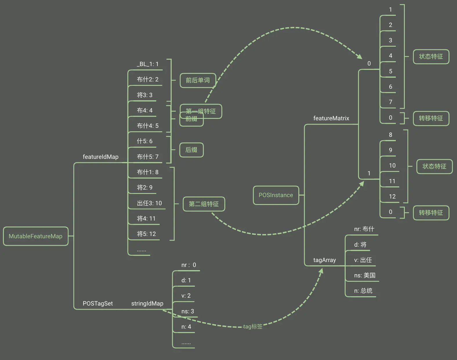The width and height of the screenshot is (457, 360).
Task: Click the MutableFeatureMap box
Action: pyautogui.click(x=36, y=236)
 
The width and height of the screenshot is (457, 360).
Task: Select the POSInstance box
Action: pyautogui.click(x=276, y=195)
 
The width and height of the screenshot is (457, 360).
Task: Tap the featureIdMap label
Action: pyautogui.click(x=101, y=157)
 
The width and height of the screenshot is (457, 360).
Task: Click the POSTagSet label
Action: pyautogui.click(x=98, y=303)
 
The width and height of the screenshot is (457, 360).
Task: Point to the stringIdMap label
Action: pyautogui.click(x=147, y=303)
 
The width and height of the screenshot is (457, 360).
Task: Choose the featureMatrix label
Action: pyautogui.click(x=331, y=118)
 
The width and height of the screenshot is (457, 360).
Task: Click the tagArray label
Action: pyautogui.click(x=324, y=260)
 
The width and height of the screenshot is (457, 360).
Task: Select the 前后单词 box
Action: pyautogui.click(x=198, y=80)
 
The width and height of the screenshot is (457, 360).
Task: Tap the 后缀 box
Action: pyautogui.click(x=191, y=150)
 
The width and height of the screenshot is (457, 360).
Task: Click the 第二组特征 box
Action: pyautogui.click(x=204, y=204)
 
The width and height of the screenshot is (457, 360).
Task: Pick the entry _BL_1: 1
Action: pyautogui.click(x=148, y=64)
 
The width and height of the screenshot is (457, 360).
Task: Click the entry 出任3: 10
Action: pyautogui.click(x=149, y=203)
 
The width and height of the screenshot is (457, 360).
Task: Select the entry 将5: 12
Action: pyautogui.click(x=146, y=234)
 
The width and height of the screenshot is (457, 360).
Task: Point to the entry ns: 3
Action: pyautogui.click(x=188, y=311)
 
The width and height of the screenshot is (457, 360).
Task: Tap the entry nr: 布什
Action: pyautogui.click(x=364, y=229)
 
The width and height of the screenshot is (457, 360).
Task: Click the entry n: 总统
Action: pyautogui.click(x=363, y=291)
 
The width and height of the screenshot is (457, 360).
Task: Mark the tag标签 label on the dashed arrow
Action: pyautogui.click(x=253, y=327)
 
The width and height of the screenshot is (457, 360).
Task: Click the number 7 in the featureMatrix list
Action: pyautogui.click(x=390, y=102)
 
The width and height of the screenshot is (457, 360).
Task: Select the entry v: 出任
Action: pyautogui.click(x=363, y=260)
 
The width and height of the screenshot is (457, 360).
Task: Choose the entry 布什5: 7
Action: pyautogui.click(x=148, y=157)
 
